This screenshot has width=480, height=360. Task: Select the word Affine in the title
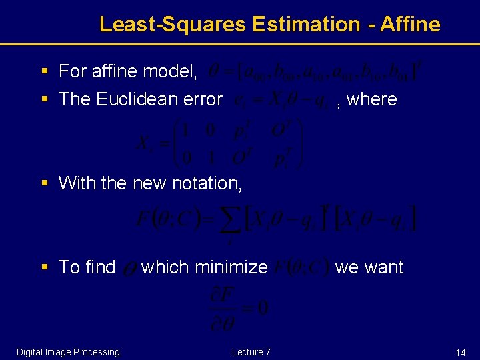[411, 25]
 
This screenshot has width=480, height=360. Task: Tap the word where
[372, 99]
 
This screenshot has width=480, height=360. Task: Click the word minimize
[230, 267]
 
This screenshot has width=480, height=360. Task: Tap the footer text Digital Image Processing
[68, 352]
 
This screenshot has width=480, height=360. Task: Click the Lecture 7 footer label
[251, 352]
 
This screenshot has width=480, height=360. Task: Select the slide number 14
[461, 352]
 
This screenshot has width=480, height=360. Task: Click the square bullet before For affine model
[44, 71]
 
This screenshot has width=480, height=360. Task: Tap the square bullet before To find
[44, 267]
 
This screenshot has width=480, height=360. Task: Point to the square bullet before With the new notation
[44, 183]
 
